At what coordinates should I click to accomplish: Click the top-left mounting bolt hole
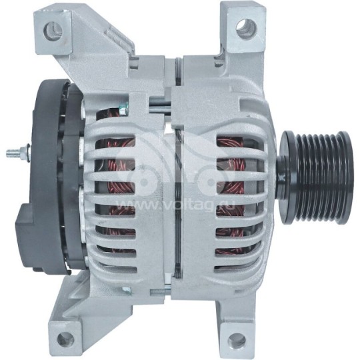click(x=53, y=29)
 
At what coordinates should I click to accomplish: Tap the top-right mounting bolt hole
click(x=247, y=27)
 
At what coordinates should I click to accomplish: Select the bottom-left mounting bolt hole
click(x=66, y=338)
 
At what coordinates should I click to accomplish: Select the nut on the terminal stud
click(x=22, y=153)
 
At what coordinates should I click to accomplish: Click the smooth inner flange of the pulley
click(x=285, y=169)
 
